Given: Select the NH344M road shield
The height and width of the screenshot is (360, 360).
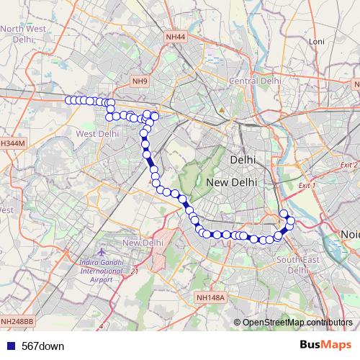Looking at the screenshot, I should click(x=13, y=143).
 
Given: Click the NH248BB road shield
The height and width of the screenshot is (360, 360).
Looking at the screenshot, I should click(x=17, y=321).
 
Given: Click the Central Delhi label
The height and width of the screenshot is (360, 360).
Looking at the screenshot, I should click(x=254, y=81).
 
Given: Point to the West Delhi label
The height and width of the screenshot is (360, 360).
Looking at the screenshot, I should click(x=96, y=133).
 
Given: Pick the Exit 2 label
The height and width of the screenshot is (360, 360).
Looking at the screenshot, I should click(x=348, y=165).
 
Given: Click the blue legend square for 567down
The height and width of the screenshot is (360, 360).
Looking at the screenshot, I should click(x=9, y=346).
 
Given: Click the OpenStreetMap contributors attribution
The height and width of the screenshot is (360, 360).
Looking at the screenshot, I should click(x=297, y=322).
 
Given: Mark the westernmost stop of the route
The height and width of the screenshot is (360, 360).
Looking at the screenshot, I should click(x=69, y=100).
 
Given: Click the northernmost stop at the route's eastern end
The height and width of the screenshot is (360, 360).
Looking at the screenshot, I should click(x=284, y=213).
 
